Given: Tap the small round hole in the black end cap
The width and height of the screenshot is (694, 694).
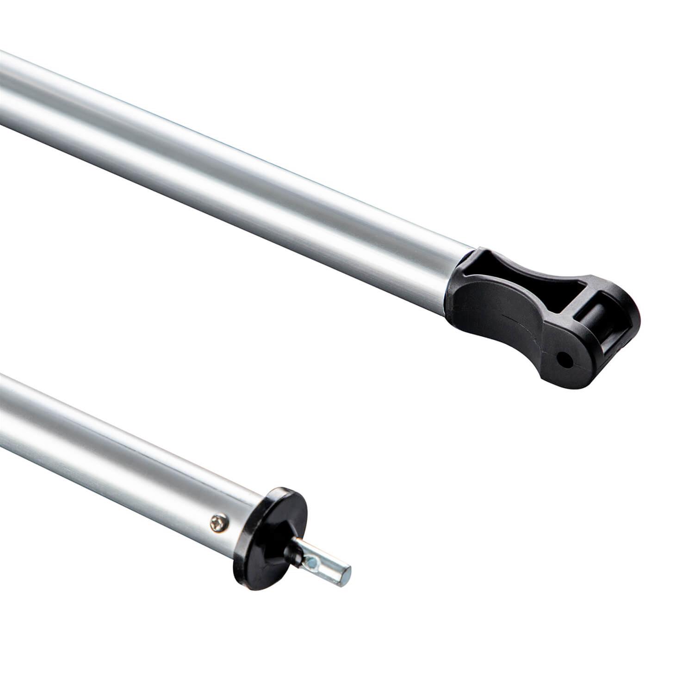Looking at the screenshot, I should tap(564, 359).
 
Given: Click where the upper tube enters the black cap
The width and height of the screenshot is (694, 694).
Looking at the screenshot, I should tap(456, 282).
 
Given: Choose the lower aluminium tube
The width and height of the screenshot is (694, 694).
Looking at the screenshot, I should tap(116, 440).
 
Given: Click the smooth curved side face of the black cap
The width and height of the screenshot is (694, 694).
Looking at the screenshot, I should tap(500, 333).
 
